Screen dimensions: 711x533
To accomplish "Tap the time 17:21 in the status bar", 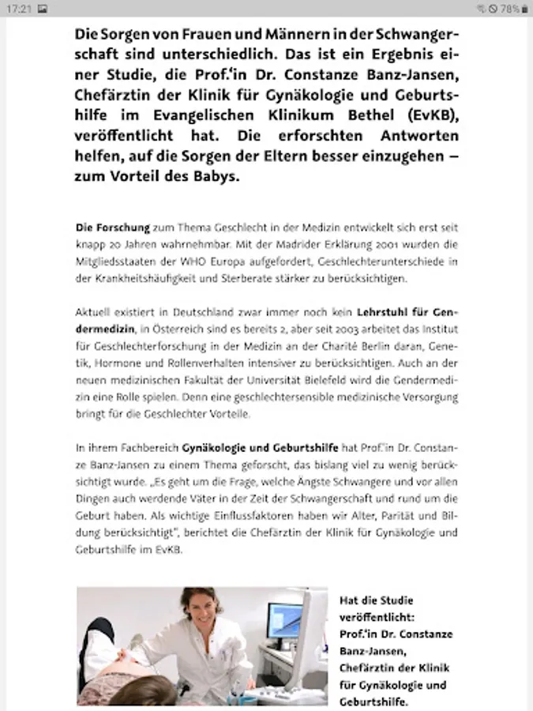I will tap(21, 9).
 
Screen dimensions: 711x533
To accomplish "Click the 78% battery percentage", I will tap(509, 9).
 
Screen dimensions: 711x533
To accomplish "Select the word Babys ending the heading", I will tap(213, 176).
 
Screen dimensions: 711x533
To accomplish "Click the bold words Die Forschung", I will tap(113, 228).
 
